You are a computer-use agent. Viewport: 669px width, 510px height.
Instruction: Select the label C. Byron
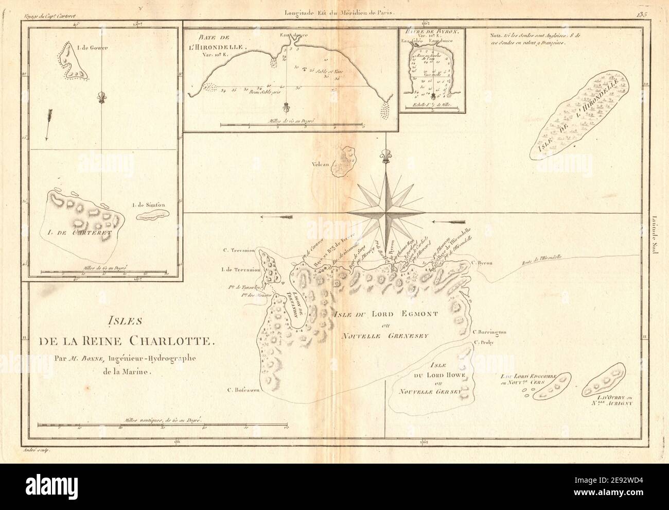pyautogui.click(x=482, y=263)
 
